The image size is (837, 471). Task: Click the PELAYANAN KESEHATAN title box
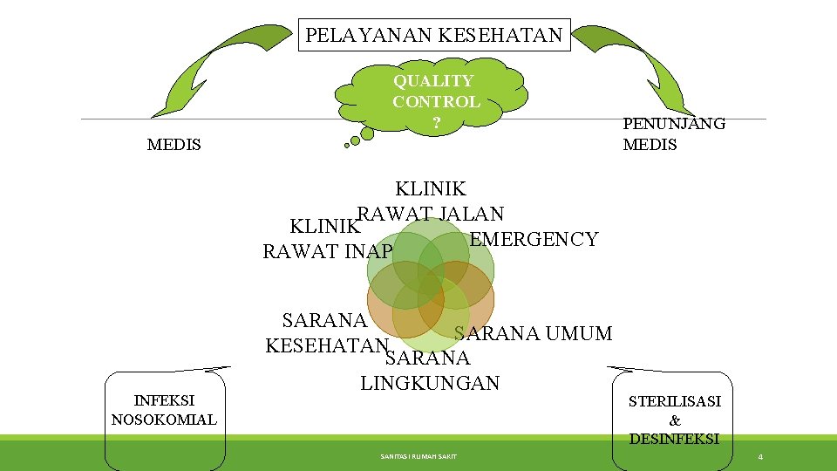[434, 36]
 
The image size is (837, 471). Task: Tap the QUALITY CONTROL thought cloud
[436, 98]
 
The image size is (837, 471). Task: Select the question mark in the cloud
[436, 123]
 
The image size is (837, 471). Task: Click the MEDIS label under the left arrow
[174, 145]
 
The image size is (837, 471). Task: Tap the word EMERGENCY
[534, 239]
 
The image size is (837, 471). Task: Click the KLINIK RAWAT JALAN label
[431, 201]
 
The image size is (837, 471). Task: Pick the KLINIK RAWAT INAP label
[327, 240]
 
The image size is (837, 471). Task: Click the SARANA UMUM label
[534, 333]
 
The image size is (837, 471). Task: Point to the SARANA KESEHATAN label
[325, 332]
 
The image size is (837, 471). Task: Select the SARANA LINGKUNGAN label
[429, 371]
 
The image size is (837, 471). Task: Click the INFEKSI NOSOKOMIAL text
[164, 410]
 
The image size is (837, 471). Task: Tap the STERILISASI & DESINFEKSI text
[675, 420]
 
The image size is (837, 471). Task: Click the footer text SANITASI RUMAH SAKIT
[418, 456]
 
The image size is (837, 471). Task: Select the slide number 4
[760, 457]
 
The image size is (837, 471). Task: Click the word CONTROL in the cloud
[436, 101]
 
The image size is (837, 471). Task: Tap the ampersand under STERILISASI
[675, 420]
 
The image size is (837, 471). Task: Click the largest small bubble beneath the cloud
[367, 133]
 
